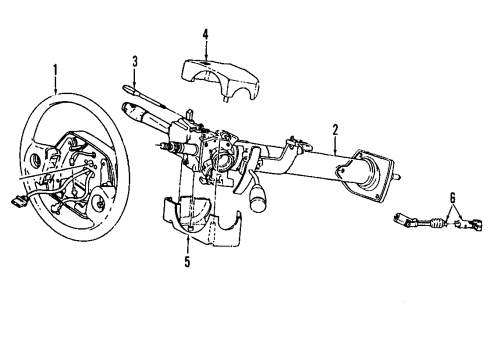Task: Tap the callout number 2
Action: pyautogui.click(x=336, y=128)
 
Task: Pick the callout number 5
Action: pyautogui.click(x=187, y=265)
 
